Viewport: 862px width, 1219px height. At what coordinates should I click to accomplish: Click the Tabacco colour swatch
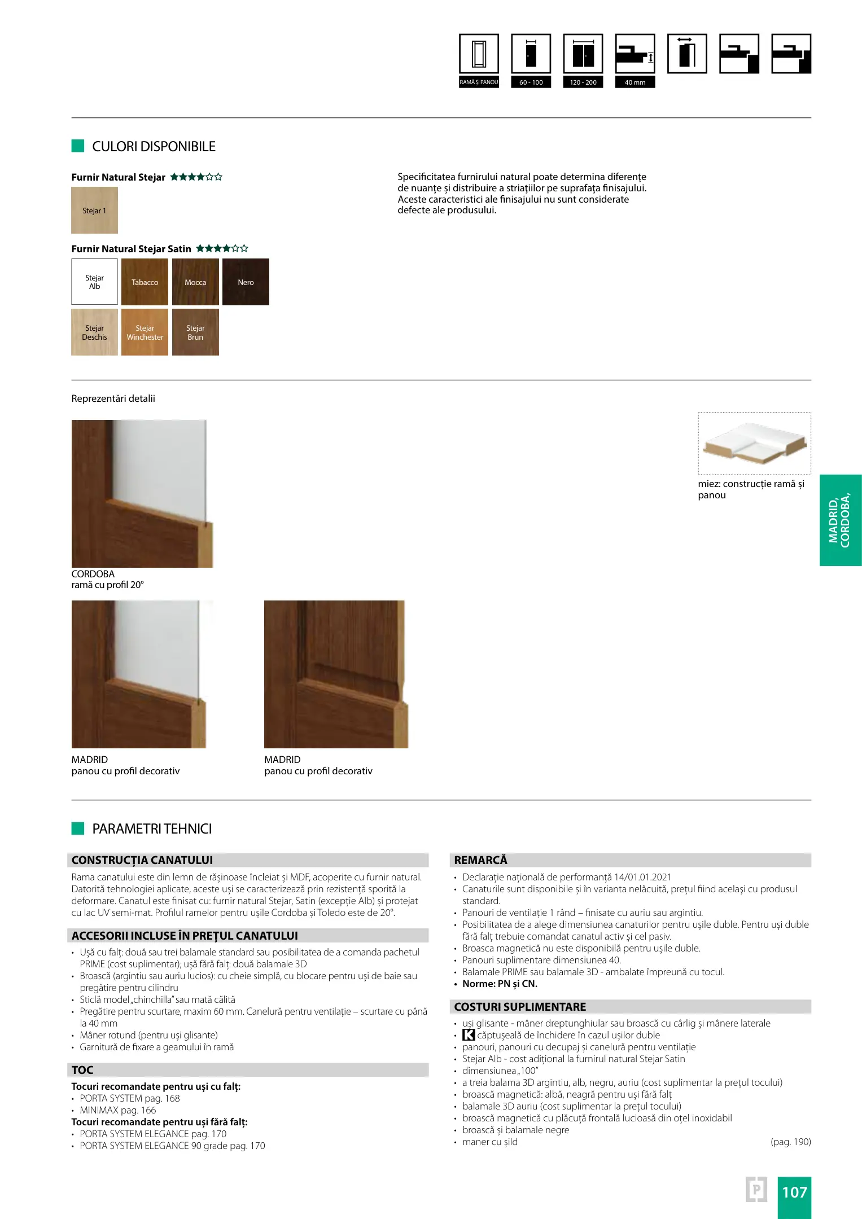pyautogui.click(x=145, y=282)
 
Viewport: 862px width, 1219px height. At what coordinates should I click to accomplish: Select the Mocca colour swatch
pyautogui.click(x=195, y=282)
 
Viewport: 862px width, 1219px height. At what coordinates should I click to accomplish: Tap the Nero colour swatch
pyautogui.click(x=246, y=282)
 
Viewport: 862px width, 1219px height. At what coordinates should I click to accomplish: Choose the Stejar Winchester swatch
pyautogui.click(x=145, y=332)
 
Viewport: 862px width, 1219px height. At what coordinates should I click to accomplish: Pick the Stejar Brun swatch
pyautogui.click(x=195, y=332)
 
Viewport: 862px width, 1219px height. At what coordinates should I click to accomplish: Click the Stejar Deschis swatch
pyautogui.click(x=94, y=332)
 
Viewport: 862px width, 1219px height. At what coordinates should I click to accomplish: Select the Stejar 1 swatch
pyautogui.click(x=94, y=210)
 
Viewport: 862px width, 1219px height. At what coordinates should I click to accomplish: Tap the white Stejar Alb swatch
pyautogui.click(x=94, y=282)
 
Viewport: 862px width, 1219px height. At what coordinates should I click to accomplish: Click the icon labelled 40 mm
pyautogui.click(x=635, y=54)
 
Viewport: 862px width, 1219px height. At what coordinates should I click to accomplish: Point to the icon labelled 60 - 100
pyautogui.click(x=531, y=54)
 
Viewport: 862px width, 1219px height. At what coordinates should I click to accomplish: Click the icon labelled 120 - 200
pyautogui.click(x=583, y=54)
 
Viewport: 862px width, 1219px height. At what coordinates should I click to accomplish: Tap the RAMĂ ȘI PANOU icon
pyautogui.click(x=479, y=54)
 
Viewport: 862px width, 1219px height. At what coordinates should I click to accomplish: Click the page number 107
pyautogui.click(x=794, y=1192)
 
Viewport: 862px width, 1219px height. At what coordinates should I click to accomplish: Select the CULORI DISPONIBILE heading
pyautogui.click(x=154, y=147)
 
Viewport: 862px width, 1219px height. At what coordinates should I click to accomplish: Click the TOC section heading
pyautogui.click(x=82, y=1070)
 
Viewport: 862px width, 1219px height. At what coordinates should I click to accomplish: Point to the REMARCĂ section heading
pyautogui.click(x=480, y=860)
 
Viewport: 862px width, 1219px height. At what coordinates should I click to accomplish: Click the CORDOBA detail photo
pyautogui.click(x=142, y=493)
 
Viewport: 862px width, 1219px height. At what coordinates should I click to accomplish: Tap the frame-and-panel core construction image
pyautogui.click(x=754, y=443)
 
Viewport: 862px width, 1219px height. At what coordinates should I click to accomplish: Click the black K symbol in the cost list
pyautogui.click(x=469, y=1035)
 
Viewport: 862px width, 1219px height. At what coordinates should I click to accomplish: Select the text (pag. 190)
pyautogui.click(x=790, y=1142)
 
